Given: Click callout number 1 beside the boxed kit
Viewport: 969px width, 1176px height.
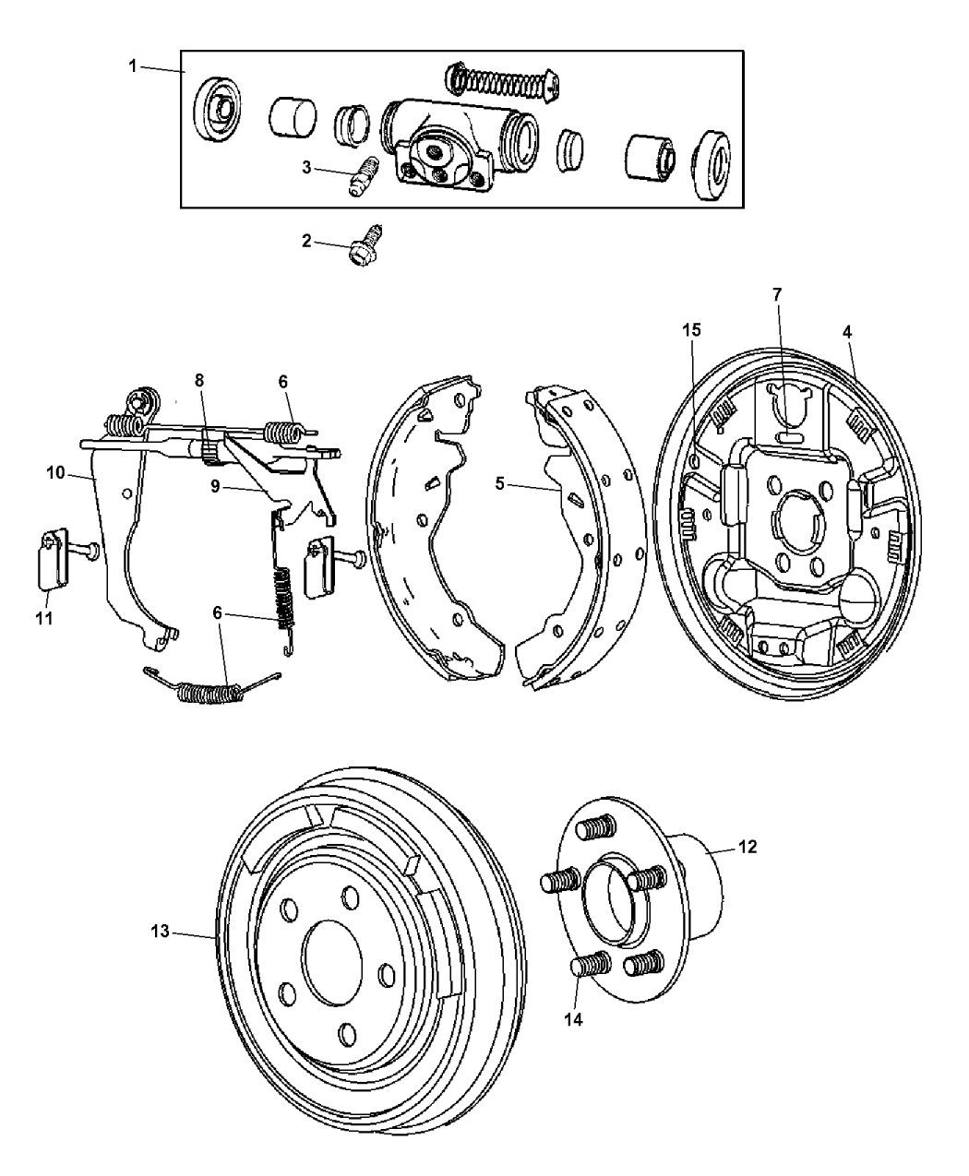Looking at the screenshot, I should click(x=133, y=66).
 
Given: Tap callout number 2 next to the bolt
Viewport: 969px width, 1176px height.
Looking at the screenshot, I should click(x=307, y=242).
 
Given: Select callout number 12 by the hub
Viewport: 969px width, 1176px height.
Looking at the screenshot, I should click(x=748, y=847).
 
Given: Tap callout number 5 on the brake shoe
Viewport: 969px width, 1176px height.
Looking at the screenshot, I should click(x=499, y=482).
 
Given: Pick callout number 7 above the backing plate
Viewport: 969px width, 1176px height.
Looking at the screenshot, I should click(x=777, y=294).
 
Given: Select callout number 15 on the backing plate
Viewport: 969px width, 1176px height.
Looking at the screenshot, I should click(x=691, y=329).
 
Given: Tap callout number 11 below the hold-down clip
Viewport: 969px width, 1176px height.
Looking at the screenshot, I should click(x=44, y=617).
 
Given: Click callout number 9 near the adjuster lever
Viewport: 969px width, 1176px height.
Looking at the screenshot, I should click(x=214, y=486).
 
